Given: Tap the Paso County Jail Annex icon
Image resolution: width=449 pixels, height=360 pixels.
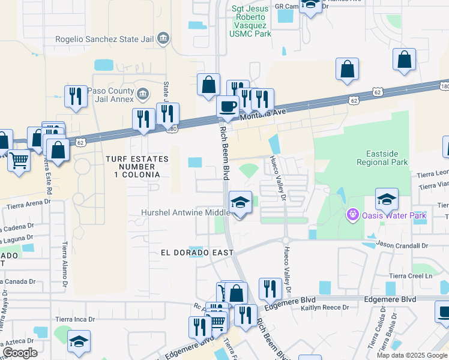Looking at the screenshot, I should (x=142, y=94).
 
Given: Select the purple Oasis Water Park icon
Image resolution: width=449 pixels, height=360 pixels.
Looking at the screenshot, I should (x=352, y=214).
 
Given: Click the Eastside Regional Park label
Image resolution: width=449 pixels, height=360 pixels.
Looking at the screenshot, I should (x=382, y=158).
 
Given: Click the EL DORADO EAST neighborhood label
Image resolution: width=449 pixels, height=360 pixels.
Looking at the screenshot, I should (x=196, y=253).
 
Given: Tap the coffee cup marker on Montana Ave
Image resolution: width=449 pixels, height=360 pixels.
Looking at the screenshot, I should (x=228, y=107).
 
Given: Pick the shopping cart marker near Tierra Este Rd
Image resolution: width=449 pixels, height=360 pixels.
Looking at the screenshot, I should (x=19, y=160).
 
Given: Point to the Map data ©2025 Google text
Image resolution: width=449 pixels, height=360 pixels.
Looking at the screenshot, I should (x=411, y=355).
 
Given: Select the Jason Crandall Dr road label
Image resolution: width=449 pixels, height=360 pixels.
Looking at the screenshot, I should (x=403, y=245).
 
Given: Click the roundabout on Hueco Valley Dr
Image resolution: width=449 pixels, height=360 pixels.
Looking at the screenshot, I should (x=286, y=240).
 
